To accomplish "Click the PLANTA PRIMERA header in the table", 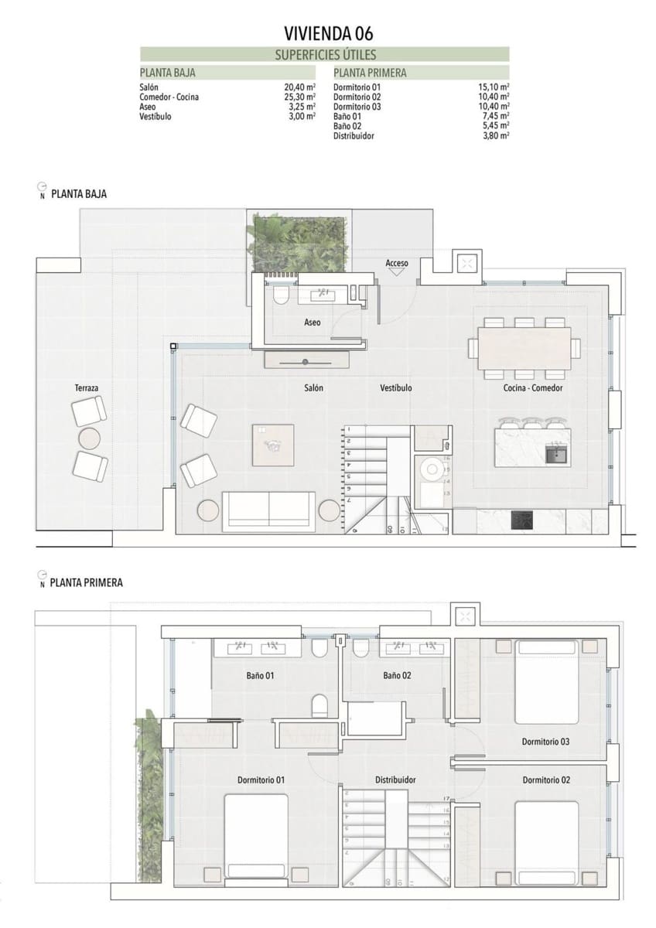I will [370, 73].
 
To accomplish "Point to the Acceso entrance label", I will [397, 264].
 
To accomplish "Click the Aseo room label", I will [313, 322].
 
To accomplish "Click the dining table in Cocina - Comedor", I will [524, 347].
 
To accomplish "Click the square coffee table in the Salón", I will [273, 445].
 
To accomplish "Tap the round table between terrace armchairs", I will [90, 438].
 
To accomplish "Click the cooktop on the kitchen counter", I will [523, 520].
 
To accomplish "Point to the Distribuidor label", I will [395, 780].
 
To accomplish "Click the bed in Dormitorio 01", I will [255, 835].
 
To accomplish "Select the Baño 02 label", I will [397, 675].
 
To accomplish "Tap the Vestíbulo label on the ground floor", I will [395, 387].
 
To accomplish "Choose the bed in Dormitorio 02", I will [547, 841].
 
